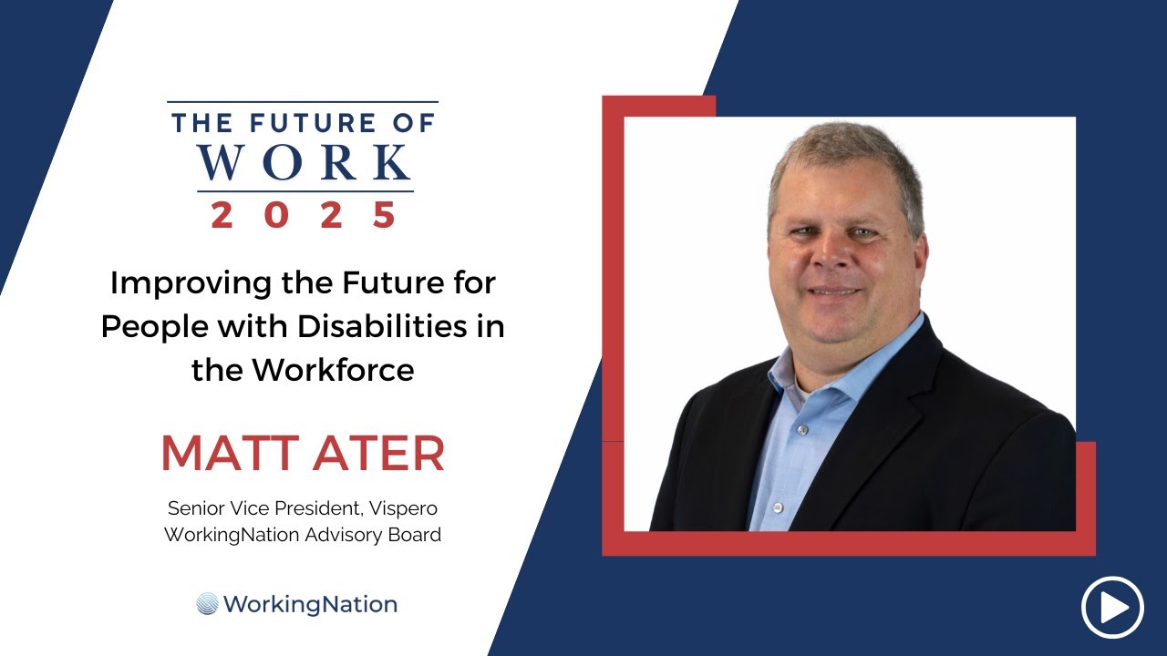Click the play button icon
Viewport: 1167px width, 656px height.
point(1112,607)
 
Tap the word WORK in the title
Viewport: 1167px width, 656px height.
point(305,162)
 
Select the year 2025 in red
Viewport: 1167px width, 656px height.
point(305,215)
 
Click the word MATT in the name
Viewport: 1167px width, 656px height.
point(230,454)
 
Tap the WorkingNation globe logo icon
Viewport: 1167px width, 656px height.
point(208,604)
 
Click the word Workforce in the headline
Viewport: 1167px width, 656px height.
point(333,370)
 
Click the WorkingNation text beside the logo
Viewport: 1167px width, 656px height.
point(311,604)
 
